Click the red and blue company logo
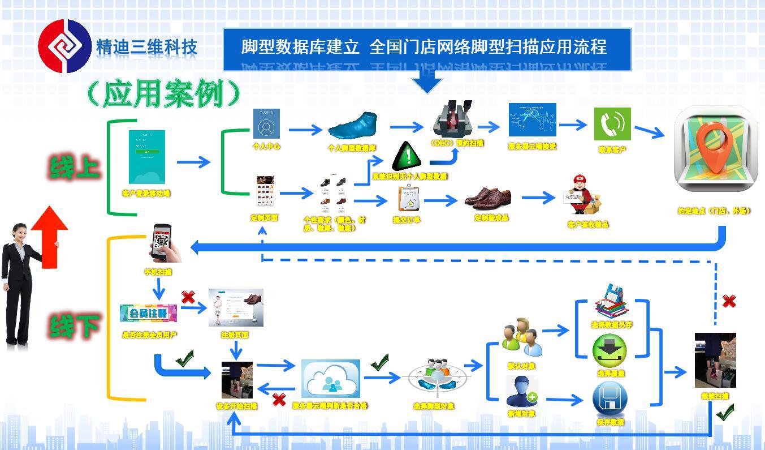[64, 46]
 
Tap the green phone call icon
[612, 123]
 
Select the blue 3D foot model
[353, 125]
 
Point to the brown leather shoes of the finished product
[488, 197]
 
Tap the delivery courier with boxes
[582, 196]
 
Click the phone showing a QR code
[164, 242]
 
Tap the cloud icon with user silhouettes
[330, 379]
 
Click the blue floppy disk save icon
[610, 398]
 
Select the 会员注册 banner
[149, 313]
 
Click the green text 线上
[75, 168]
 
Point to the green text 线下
[75, 326]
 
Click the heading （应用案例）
[165, 93]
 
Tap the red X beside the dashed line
[729, 301]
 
